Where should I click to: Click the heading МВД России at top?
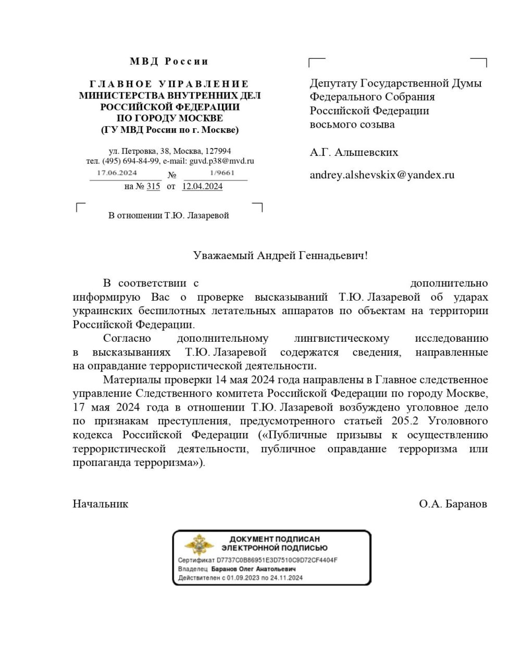click(x=169, y=61)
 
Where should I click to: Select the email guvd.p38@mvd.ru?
click(x=221, y=161)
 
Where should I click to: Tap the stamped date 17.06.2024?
click(x=117, y=172)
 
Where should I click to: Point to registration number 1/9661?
click(x=222, y=172)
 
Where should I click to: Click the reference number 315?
click(x=153, y=186)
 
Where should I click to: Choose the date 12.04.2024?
click(x=202, y=186)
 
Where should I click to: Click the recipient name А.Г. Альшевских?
click(x=354, y=152)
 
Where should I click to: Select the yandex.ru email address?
click(x=382, y=175)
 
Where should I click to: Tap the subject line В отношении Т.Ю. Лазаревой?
click(x=168, y=215)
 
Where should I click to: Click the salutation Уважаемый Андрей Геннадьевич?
click(x=280, y=255)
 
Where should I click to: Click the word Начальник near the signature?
click(x=101, y=504)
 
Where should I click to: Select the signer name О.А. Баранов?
click(x=453, y=504)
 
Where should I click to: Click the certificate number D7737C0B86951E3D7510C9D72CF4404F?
click(x=277, y=561)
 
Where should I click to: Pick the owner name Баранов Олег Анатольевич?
click(x=253, y=569)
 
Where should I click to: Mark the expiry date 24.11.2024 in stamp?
click(x=287, y=577)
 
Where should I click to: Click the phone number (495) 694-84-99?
click(x=131, y=161)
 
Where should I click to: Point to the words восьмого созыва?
click(x=352, y=125)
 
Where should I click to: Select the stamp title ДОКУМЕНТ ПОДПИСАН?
click(x=275, y=539)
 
